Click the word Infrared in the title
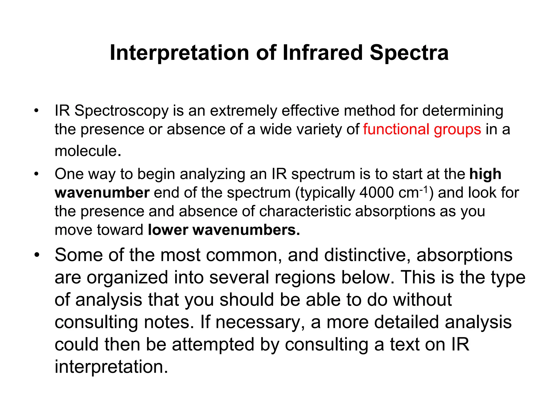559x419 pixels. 322,53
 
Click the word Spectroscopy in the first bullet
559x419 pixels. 121,111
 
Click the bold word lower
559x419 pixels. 168,230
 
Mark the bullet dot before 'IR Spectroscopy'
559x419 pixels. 37,111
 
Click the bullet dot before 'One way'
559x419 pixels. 37,174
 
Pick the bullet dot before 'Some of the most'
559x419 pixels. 37,255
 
